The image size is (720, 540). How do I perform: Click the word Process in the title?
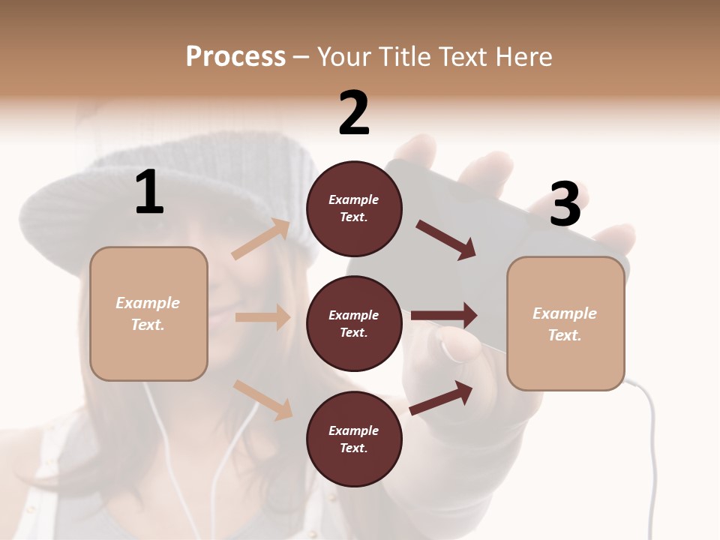pos(235,57)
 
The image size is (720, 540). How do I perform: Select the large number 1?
pos(149,193)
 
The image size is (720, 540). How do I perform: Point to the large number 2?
pos(354,113)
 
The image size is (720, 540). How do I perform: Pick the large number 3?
pos(565,205)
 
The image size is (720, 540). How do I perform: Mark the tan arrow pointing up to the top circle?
pos(261,239)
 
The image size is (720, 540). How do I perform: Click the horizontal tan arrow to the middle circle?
pos(262,317)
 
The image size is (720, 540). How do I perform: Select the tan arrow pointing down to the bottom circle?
pos(262,399)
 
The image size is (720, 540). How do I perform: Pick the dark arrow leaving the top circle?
pos(445,239)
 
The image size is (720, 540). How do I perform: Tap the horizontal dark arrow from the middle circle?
pos(444,316)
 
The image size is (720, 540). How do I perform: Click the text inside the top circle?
pos(354,208)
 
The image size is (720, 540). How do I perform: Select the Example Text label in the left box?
pos(148,313)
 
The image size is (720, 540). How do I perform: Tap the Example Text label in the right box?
pos(565,324)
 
